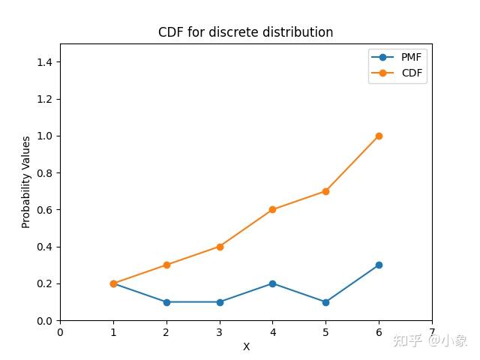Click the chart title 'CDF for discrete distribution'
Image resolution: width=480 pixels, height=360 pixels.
click(x=245, y=32)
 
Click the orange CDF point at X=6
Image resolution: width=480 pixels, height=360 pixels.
click(x=379, y=136)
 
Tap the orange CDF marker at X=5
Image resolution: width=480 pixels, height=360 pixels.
click(x=325, y=191)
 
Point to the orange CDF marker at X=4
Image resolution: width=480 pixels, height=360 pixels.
click(x=272, y=209)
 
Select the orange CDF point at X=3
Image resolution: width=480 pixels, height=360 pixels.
click(x=220, y=247)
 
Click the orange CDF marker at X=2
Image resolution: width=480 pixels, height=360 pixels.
click(x=166, y=265)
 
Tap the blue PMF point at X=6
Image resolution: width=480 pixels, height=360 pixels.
click(x=379, y=265)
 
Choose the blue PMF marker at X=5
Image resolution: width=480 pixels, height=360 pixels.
click(x=325, y=302)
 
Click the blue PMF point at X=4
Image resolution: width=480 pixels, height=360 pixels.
click(x=272, y=283)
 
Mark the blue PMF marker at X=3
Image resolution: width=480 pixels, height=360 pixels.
click(x=220, y=302)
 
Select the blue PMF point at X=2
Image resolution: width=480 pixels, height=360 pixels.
click(x=166, y=302)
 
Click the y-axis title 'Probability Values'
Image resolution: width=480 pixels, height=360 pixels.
click(x=26, y=181)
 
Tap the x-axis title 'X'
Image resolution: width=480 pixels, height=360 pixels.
click(x=246, y=347)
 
